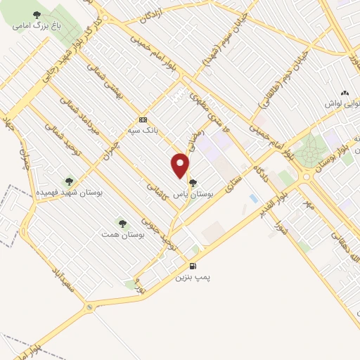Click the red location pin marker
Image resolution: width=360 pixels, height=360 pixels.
(x=181, y=166)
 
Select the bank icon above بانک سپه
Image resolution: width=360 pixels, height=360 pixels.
(x=143, y=119)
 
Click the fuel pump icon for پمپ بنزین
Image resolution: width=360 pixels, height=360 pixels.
(x=193, y=266)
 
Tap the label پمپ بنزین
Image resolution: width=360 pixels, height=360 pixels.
(x=193, y=278)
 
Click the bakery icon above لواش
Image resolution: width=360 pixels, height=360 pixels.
(x=345, y=93)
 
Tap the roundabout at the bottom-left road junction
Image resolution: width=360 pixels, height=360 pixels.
(x=88, y=307)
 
